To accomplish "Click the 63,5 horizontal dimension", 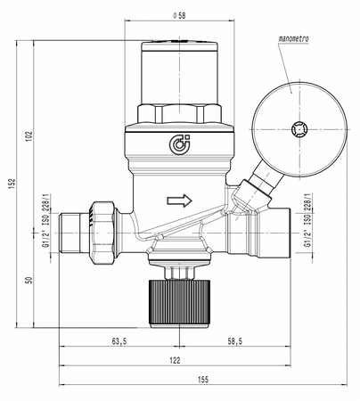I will click(x=120, y=340).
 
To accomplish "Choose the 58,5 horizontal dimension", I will click(x=234, y=340).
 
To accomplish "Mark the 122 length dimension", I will click(x=176, y=360).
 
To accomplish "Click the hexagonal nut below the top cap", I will click(x=180, y=114).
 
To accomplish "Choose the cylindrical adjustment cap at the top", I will click(x=180, y=71).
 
